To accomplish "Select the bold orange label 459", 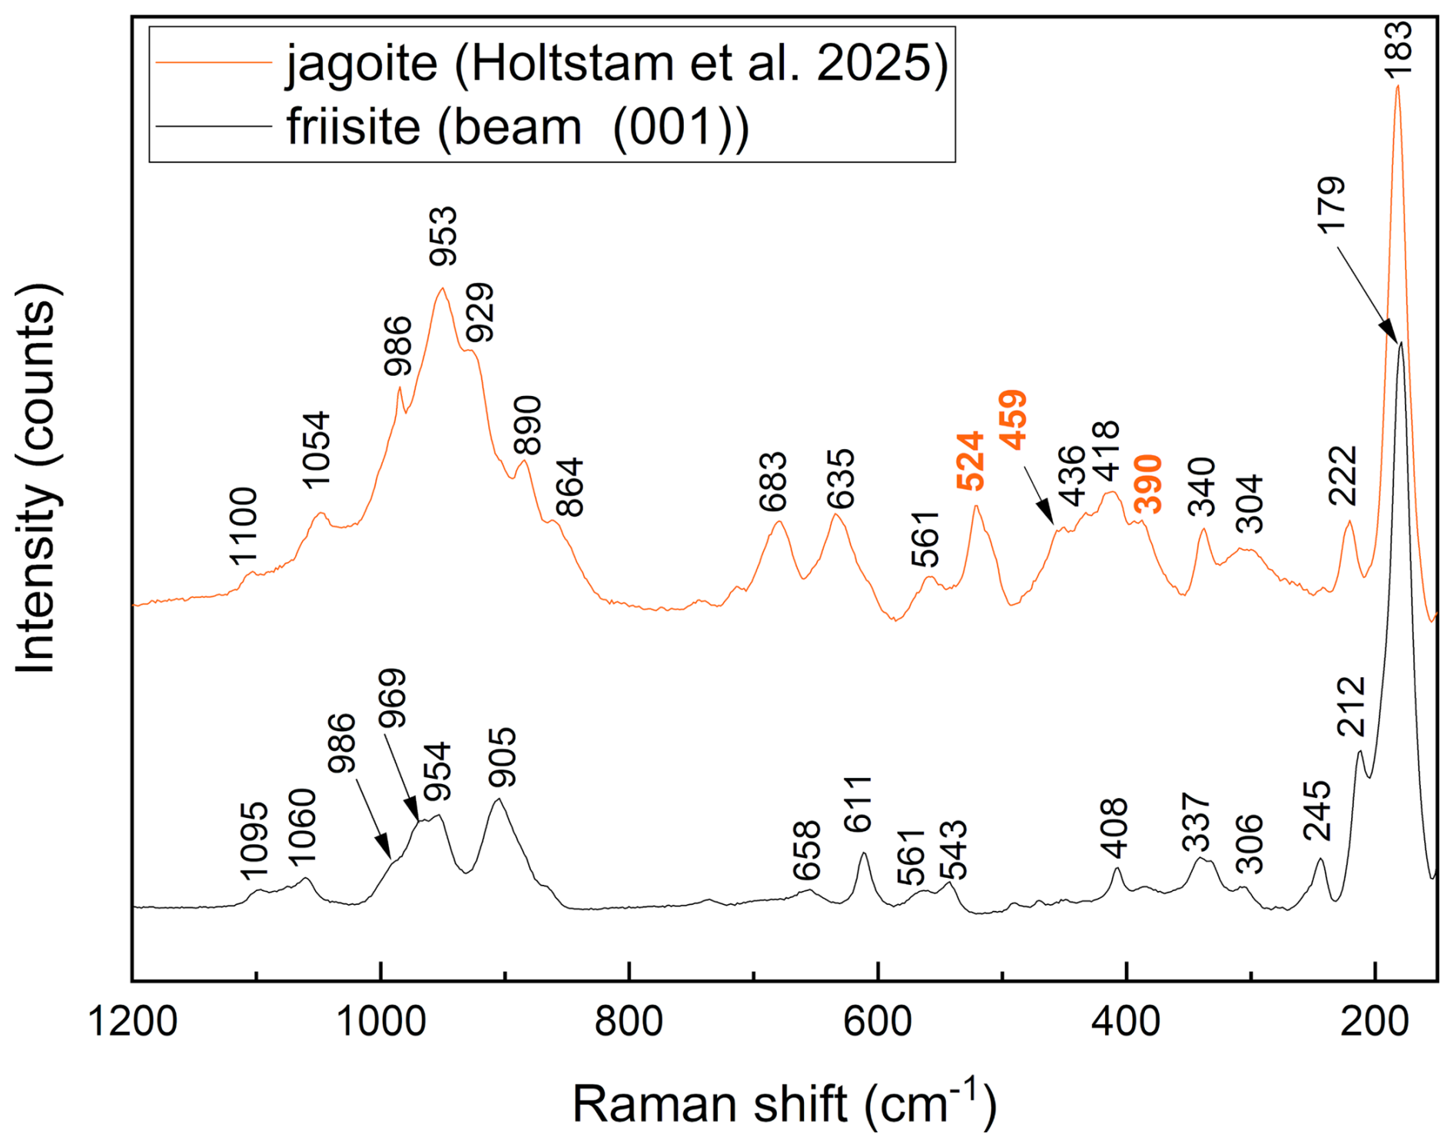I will [x=1014, y=420].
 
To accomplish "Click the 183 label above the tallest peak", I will [x=1398, y=48].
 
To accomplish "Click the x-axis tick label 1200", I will [x=133, y=1023].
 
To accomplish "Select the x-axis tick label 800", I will [x=629, y=1023].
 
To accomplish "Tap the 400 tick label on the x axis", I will [x=1127, y=1023].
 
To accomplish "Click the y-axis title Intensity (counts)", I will [x=36, y=479].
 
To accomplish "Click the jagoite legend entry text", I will [x=617, y=63].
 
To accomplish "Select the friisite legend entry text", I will [x=517, y=127].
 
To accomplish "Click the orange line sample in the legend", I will [x=214, y=63].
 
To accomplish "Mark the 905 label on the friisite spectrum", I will [x=503, y=757].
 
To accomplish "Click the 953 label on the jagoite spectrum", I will [x=443, y=236].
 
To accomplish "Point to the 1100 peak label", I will [x=243, y=527].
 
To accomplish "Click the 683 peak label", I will [x=773, y=482].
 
